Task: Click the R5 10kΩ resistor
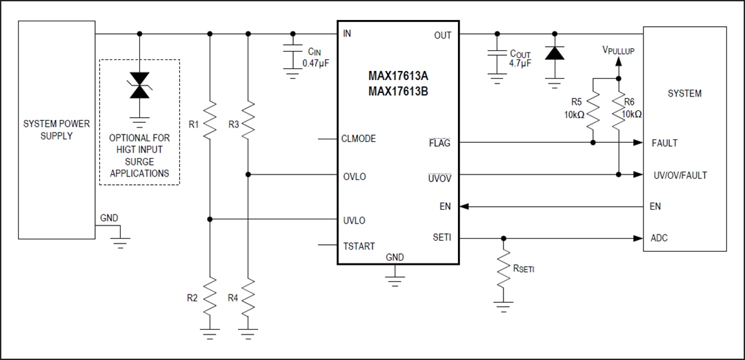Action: point(594,113)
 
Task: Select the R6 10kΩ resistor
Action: point(619,113)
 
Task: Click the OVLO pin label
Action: point(355,177)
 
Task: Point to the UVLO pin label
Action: point(355,221)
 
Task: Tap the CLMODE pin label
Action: point(359,139)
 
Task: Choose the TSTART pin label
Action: point(359,246)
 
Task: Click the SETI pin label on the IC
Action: point(441,238)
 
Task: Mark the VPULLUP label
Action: point(618,51)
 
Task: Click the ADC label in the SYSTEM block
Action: point(659,238)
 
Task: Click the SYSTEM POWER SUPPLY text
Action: point(57,130)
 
